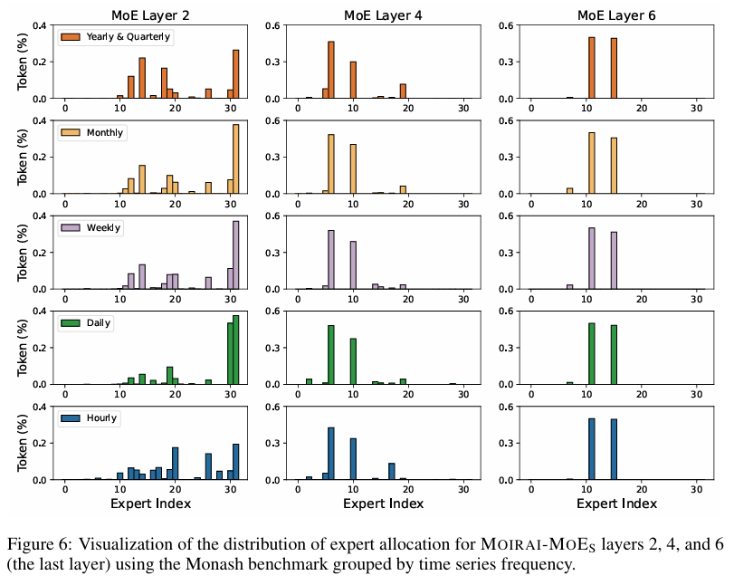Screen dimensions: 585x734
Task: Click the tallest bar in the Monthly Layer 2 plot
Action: click(235, 159)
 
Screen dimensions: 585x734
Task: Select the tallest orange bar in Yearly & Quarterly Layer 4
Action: click(331, 70)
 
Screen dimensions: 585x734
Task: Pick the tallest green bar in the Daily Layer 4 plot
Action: click(331, 355)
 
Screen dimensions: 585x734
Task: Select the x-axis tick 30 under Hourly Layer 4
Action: click(463, 489)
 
